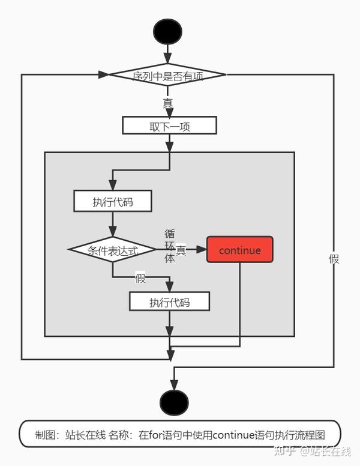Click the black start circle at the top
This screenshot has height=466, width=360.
point(167,31)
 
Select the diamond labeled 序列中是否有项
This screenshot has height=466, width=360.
point(167,75)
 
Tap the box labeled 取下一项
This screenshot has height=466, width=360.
point(169,126)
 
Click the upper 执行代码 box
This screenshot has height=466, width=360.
point(113,201)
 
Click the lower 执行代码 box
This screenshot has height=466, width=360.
point(169,301)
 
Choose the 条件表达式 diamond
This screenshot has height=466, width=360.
point(113,250)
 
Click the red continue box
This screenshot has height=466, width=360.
point(239,250)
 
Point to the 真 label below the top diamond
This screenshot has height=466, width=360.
point(167,103)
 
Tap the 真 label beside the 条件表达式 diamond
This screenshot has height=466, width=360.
point(181,251)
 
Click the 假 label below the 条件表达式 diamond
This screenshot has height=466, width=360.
point(140,278)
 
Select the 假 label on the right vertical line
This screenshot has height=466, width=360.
point(334,259)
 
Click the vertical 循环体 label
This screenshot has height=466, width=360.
point(170,246)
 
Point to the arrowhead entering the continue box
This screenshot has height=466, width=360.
point(202,250)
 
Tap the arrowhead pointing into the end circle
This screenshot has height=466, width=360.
point(174,384)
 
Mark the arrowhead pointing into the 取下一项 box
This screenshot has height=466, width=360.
point(169,112)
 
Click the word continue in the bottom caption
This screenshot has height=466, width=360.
point(235,435)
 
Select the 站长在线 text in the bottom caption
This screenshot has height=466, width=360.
point(85,435)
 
